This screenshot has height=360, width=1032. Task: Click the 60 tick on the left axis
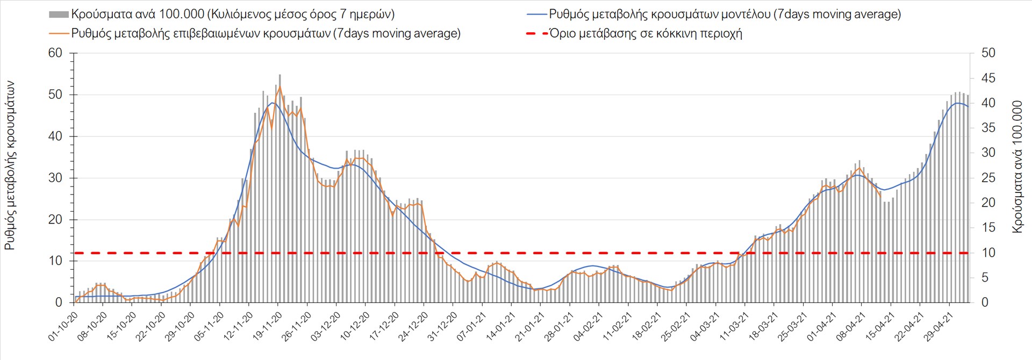55,53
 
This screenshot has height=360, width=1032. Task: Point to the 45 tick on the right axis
988,78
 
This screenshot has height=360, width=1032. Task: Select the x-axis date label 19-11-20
267,327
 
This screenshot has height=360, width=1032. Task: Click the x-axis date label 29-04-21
938,327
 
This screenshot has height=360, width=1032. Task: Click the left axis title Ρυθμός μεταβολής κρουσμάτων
10,165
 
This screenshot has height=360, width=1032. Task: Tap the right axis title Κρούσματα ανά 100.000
1017,167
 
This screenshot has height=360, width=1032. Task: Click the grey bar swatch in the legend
59,15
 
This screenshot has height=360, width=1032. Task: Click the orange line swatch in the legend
59,34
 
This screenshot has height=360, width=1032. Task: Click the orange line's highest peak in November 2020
279,87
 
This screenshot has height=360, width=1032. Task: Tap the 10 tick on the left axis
55,261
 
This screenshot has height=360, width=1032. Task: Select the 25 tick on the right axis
988,178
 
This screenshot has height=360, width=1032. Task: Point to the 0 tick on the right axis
985,303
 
